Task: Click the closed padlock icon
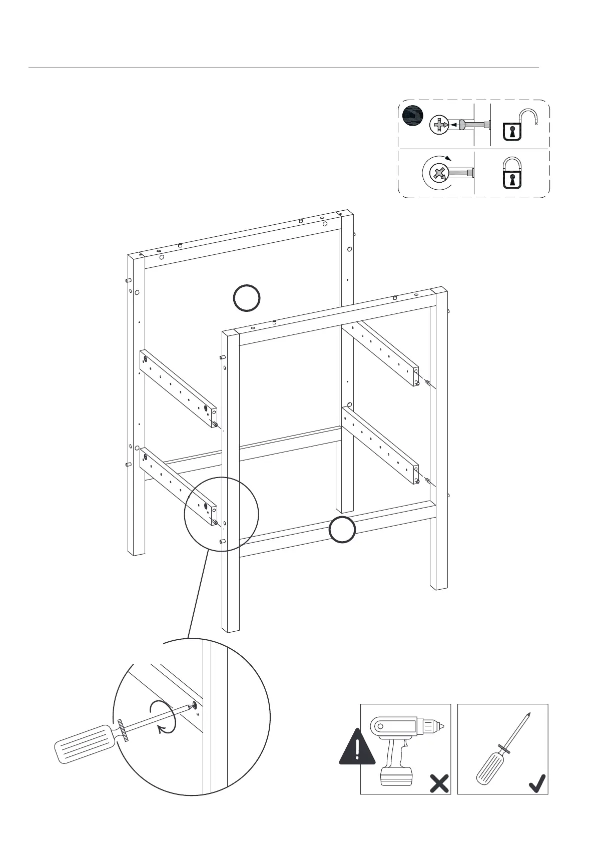pos(510,173)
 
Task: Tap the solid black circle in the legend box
pos(413,117)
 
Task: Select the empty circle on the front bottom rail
pos(342,530)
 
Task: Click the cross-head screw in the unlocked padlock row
pos(438,124)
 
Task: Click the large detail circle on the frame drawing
pos(221,514)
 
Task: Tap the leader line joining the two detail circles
pos(197,595)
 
